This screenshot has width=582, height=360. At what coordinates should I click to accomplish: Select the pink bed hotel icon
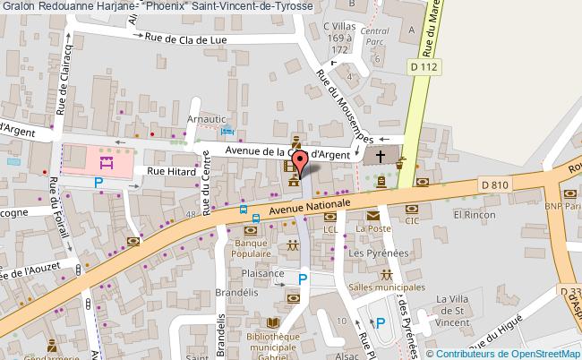pyautogui.click(x=106, y=162)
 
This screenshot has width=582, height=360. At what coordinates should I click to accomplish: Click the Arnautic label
pyautogui.click(x=205, y=117)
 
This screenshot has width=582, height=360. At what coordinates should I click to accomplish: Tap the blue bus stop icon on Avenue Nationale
pyautogui.click(x=244, y=210)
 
